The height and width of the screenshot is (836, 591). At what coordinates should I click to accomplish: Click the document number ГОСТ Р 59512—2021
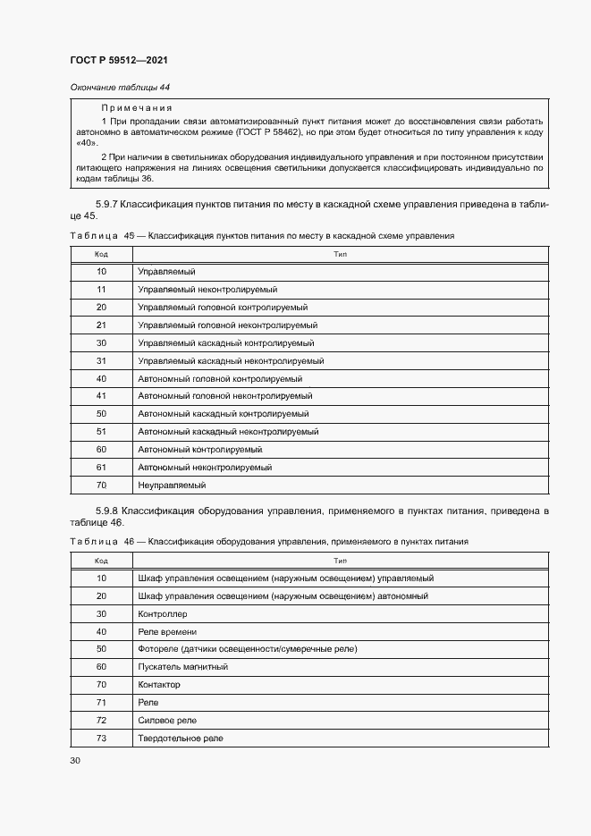(x=118, y=60)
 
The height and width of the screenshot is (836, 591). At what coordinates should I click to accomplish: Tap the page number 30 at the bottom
(x=74, y=760)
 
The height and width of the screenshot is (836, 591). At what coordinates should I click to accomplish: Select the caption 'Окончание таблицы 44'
(x=119, y=87)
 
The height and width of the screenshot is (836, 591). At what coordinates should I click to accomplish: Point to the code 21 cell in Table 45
(x=101, y=325)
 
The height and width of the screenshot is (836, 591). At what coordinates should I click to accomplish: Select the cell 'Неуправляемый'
(x=172, y=486)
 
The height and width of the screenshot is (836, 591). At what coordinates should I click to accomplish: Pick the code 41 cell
(x=101, y=396)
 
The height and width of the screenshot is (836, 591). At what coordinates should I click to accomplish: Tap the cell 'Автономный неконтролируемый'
(x=205, y=468)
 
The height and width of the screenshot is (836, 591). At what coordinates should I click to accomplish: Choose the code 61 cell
(x=101, y=468)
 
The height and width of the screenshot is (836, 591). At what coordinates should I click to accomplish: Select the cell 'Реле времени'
(x=167, y=632)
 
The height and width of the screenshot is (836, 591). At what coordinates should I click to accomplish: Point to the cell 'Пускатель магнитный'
(x=182, y=667)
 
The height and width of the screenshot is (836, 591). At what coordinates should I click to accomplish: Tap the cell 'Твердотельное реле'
(x=181, y=739)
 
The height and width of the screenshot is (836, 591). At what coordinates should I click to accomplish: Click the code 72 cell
(x=101, y=721)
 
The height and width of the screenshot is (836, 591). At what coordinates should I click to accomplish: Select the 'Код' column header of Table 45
(x=101, y=254)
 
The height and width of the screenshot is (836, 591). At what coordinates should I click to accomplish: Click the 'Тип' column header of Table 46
(x=340, y=561)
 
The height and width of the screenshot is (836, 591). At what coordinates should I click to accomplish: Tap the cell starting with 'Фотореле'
(x=247, y=649)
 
